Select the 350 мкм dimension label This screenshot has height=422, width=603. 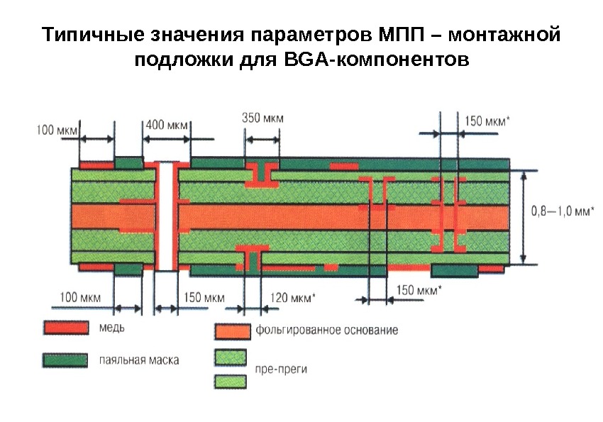(x=262, y=118)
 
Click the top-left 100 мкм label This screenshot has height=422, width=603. (x=56, y=130)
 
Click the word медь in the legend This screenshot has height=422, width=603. (x=109, y=328)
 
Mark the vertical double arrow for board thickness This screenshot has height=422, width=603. (x=524, y=217)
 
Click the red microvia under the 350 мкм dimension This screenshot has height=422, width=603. (x=262, y=175)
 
